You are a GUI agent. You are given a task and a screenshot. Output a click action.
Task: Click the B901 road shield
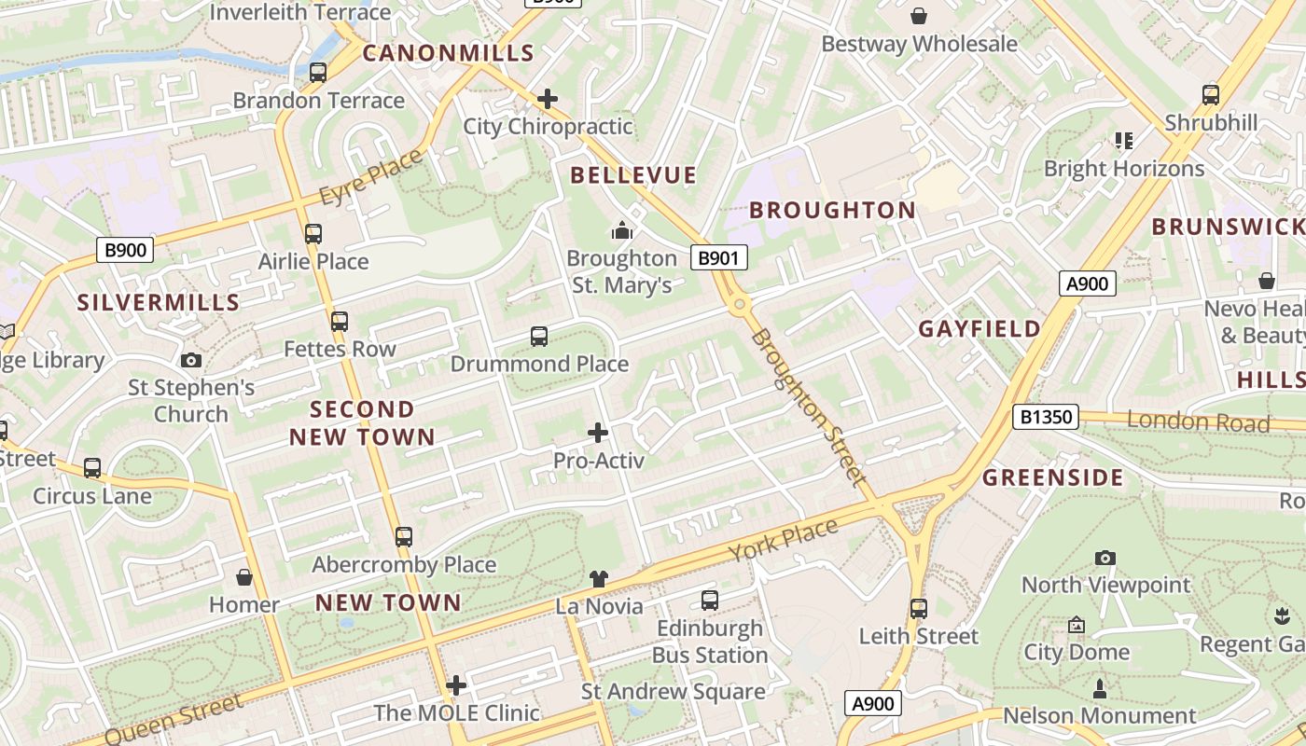coord(718,258)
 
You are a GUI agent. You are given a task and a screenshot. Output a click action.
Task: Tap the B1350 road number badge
coord(1045,417)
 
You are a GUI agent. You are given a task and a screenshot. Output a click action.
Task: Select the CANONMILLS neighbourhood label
coord(448,53)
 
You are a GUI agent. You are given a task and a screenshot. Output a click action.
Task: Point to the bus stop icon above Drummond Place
coord(538,337)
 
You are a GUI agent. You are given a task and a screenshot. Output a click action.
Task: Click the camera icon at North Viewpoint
coord(1105,558)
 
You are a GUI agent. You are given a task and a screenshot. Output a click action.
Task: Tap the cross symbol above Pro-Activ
coord(598,433)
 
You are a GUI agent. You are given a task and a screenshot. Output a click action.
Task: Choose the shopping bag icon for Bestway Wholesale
coord(919,16)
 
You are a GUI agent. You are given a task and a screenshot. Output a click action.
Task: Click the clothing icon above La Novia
coord(599,579)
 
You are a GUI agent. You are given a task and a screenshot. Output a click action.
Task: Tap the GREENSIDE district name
coord(1053,478)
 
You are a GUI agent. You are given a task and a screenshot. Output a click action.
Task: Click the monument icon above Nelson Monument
coord(1100,689)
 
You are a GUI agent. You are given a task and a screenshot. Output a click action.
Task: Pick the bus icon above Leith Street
coord(919,609)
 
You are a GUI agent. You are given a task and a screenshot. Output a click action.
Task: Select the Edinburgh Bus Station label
coord(710,642)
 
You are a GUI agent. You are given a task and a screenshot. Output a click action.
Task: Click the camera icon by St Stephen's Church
coord(191,360)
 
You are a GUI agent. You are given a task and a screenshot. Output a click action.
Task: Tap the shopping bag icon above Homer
coord(244,578)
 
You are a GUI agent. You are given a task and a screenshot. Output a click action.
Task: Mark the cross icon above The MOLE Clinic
coord(456,685)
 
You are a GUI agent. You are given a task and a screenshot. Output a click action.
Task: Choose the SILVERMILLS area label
coord(159,303)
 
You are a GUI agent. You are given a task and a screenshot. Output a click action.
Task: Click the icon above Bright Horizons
coord(1124,141)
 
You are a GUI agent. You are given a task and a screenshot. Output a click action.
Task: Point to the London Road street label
coord(1198,421)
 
